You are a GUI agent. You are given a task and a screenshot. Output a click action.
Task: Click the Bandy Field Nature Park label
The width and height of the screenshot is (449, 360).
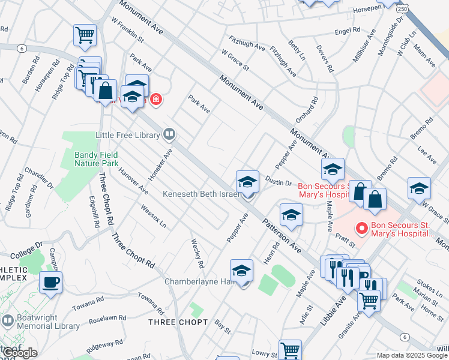coord(96,158)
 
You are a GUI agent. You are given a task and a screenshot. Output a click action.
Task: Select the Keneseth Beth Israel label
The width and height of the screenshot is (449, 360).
coord(201,194)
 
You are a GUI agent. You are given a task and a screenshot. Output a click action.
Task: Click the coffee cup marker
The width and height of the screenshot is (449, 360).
coord(50,282)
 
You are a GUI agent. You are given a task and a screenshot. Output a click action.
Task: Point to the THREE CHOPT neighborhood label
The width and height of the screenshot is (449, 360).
coord(178,322)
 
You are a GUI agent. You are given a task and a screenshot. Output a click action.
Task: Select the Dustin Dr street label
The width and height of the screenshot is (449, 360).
coord(278,183)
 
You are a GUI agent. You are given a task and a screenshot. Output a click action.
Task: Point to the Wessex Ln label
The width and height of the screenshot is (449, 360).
coord(153,216)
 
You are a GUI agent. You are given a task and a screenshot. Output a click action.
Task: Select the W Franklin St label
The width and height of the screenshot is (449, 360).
coord(127,29)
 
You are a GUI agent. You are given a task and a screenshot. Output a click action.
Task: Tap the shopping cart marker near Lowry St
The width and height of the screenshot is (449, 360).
coord(290,349)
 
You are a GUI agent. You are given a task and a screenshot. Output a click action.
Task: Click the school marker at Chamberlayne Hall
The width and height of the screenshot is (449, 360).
coord(241,271)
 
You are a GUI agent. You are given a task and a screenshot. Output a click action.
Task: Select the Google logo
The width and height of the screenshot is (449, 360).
coord(19,353)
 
